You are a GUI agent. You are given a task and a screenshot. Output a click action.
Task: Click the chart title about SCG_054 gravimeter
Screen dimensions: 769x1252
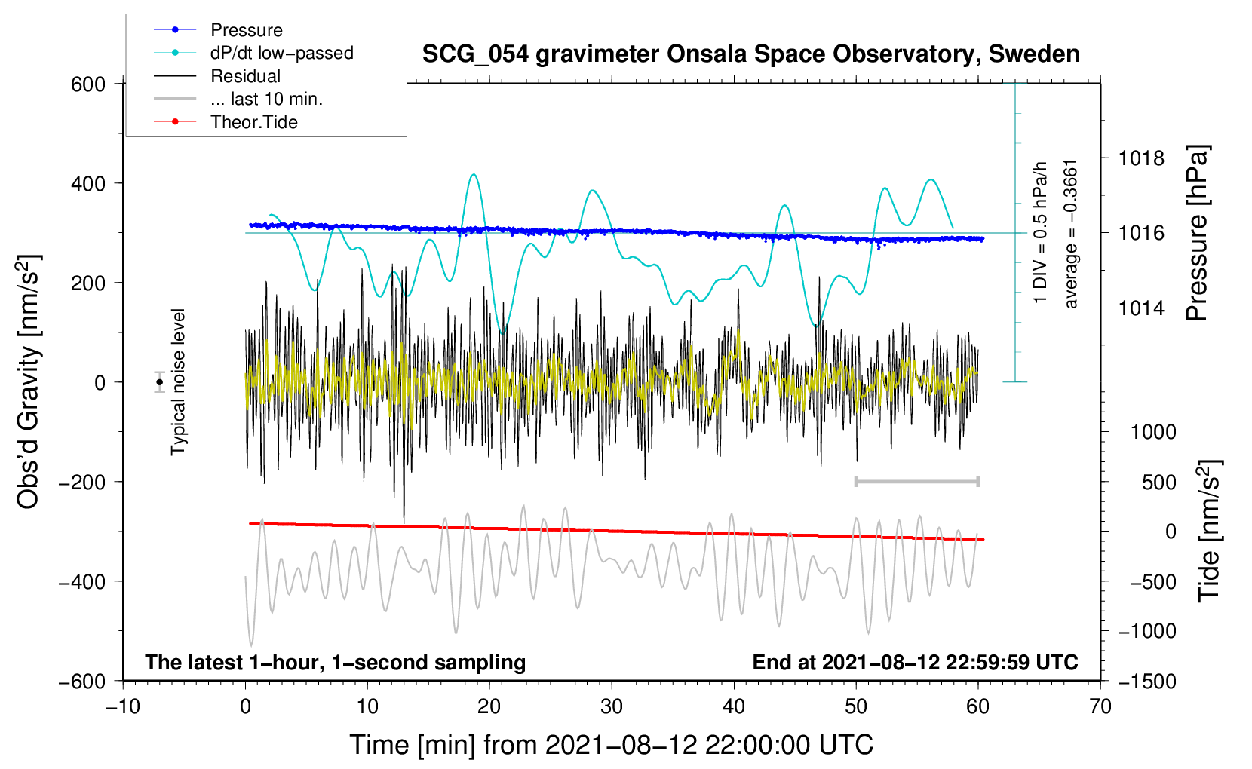tap(750, 54)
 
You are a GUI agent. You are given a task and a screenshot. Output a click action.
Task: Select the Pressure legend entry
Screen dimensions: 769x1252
tap(246, 30)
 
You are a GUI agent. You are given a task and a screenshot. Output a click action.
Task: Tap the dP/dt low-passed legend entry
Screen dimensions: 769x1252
tap(281, 53)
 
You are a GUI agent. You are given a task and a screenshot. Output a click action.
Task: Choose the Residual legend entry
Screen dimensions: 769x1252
tap(245, 76)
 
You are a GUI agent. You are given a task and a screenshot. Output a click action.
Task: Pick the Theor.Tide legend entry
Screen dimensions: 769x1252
tap(253, 122)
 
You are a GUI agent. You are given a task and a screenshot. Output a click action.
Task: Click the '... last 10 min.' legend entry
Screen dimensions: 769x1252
tap(266, 99)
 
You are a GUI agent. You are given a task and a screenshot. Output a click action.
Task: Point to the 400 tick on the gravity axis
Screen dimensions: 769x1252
tap(88, 183)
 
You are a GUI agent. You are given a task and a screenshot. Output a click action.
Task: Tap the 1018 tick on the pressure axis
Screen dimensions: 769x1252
tap(1141, 158)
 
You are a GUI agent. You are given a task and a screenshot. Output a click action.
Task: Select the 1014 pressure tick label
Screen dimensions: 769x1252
tap(1141, 308)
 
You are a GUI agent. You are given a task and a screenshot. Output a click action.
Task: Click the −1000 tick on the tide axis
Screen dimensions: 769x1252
tap(1146, 631)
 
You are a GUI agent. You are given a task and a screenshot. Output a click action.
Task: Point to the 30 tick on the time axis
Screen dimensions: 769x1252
tap(612, 706)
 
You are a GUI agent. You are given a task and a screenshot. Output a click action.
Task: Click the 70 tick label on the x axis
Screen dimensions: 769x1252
tap(1100, 706)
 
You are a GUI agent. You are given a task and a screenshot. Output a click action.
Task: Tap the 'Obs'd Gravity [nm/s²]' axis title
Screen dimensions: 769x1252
tap(29, 382)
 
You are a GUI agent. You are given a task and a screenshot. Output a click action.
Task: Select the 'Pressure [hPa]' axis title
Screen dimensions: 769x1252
tap(1197, 233)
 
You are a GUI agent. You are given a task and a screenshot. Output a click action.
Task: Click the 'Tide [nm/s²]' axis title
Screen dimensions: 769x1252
tap(1209, 531)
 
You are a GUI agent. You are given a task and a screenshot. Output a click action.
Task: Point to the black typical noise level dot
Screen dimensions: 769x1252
tap(160, 382)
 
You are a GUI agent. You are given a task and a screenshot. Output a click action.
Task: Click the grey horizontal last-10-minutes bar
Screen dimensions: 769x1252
tap(917, 481)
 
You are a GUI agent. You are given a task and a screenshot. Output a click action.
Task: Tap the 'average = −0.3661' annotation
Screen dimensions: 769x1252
tap(1071, 234)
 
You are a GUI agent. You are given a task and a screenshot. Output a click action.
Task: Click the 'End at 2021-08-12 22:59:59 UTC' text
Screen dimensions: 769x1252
tap(915, 662)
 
